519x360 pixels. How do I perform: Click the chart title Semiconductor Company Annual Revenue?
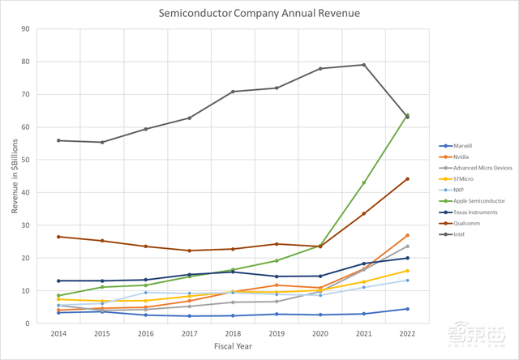(x=259, y=13)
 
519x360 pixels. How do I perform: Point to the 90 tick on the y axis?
(x=26, y=29)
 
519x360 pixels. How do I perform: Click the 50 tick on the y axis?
(x=26, y=160)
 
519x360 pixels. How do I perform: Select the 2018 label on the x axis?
(x=232, y=333)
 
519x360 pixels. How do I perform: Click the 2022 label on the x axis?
(x=407, y=333)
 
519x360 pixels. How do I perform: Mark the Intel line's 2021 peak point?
(x=363, y=65)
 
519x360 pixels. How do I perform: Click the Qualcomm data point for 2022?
(x=407, y=179)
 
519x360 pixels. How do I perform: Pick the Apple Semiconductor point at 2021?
(x=363, y=183)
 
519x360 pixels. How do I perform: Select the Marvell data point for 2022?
(x=407, y=309)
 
